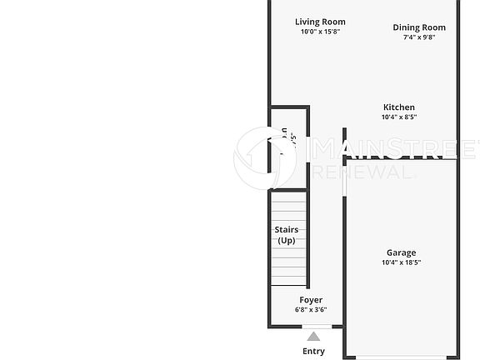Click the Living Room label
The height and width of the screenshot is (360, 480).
tap(321, 22)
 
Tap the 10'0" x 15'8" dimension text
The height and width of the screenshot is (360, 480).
tap(321, 32)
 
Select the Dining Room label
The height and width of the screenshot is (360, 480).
tap(419, 27)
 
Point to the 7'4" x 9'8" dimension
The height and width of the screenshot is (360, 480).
tap(419, 37)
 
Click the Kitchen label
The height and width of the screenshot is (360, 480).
tap(398, 107)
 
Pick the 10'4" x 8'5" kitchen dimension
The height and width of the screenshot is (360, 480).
tap(398, 117)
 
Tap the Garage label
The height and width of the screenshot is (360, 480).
tap(401, 253)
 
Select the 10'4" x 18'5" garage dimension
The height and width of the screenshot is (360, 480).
tap(401, 263)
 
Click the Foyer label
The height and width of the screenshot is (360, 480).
tap(311, 300)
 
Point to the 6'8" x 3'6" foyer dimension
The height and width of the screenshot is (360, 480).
tap(311, 310)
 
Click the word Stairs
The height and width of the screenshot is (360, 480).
tap(287, 230)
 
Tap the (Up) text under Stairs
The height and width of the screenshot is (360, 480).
tap(287, 241)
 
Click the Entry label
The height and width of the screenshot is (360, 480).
tap(313, 351)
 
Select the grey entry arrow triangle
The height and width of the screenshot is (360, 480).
tap(313, 337)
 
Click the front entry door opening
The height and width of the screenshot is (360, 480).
tap(314, 326)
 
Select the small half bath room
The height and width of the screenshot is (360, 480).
tap(288, 147)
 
